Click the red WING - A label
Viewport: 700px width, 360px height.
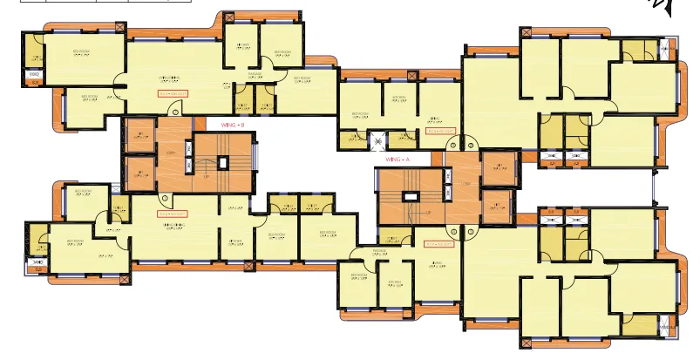398,160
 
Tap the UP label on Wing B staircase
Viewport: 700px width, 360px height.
206,177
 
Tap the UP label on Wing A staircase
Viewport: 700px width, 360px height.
429,212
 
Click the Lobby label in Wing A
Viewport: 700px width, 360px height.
466,185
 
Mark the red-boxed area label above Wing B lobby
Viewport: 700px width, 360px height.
173,92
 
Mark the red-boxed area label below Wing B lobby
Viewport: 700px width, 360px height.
173,213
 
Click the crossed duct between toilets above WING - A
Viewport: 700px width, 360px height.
378,138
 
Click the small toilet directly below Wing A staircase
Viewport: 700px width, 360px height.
393,240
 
